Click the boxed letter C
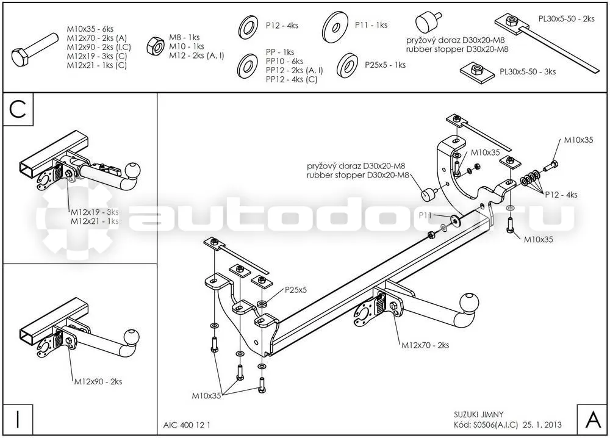point(18,109)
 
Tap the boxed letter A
point(593,420)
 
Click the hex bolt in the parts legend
point(35,49)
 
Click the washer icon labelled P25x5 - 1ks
point(348,65)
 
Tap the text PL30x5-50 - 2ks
point(567,19)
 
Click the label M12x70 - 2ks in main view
point(425,345)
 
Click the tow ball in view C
point(132,170)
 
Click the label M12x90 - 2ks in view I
point(98,382)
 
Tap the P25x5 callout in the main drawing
point(296,290)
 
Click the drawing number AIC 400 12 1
point(187,425)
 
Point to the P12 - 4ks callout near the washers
point(561,195)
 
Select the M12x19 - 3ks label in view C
point(95,212)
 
